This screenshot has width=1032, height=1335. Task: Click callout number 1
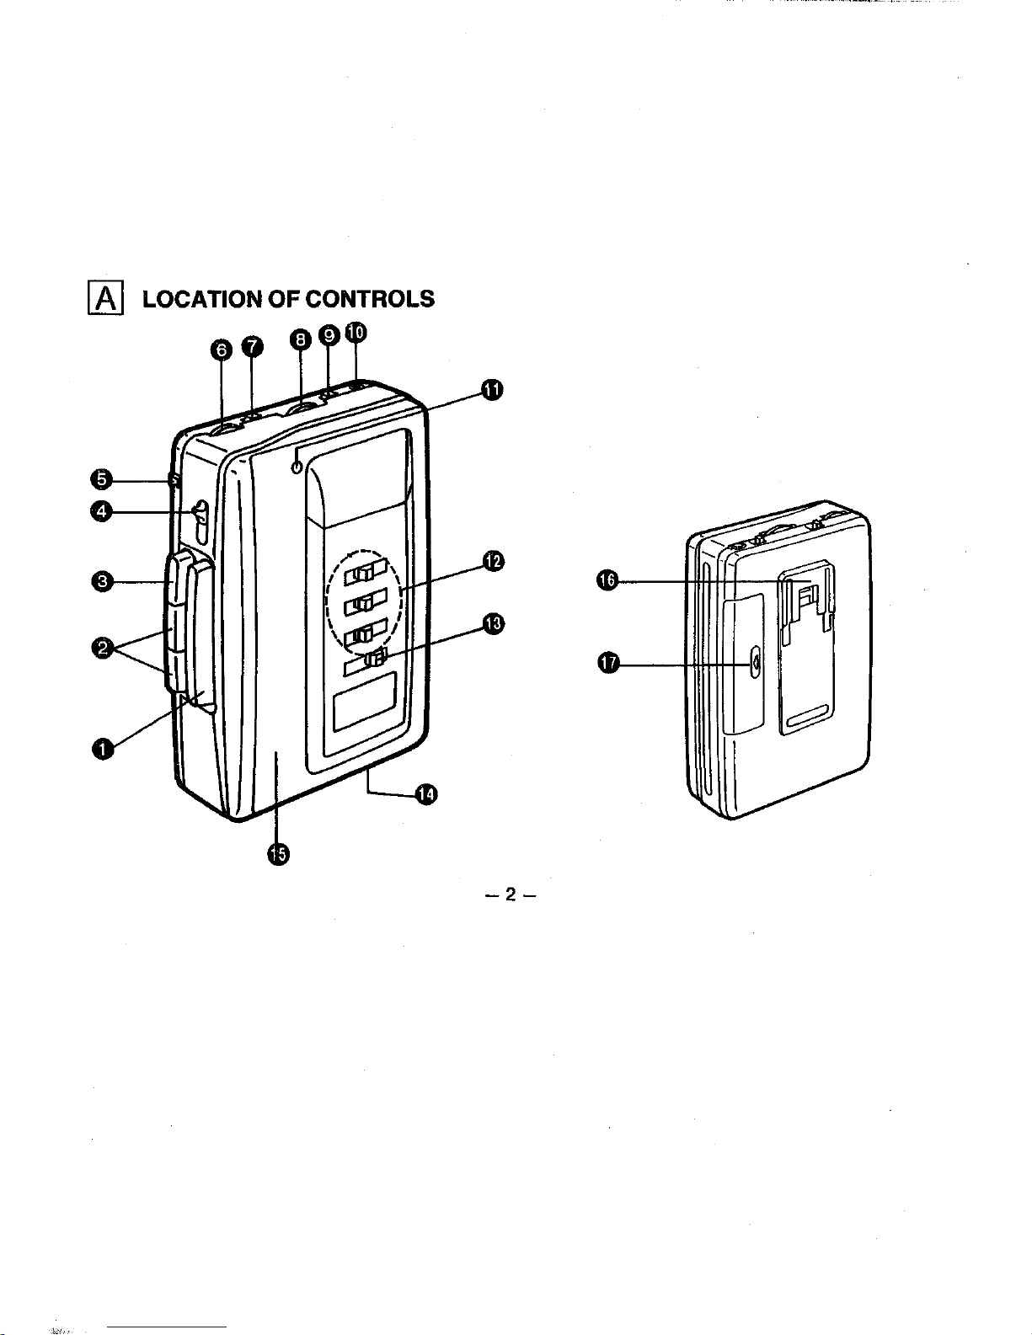(103, 749)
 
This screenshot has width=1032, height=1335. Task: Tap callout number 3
(103, 581)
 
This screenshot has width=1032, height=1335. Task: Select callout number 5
(101, 479)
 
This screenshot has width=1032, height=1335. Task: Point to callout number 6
(221, 350)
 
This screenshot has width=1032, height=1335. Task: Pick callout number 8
(301, 339)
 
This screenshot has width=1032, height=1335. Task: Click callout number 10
(356, 333)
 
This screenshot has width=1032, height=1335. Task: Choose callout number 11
(492, 389)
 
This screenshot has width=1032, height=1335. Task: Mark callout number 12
(494, 561)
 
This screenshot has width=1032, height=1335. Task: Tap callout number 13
(494, 624)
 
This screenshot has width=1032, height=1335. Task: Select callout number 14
(426, 794)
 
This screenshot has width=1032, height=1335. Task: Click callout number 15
(278, 854)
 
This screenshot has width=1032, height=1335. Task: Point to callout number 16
(607, 580)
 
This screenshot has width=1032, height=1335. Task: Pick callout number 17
(609, 663)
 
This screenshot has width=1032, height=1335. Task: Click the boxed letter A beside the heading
(105, 298)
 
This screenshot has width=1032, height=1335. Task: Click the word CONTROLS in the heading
(370, 298)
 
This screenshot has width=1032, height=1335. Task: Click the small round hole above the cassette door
(298, 467)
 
